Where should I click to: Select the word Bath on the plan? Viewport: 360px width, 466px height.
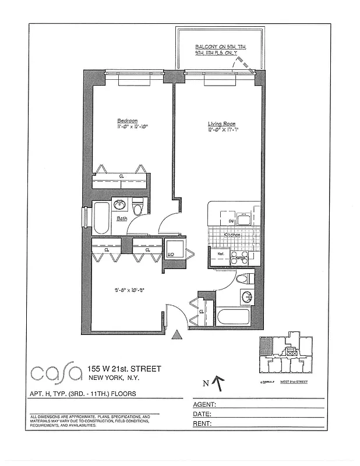[x=122, y=219]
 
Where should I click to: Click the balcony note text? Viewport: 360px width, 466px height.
[x=216, y=50]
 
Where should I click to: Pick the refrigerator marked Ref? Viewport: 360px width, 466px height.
[x=221, y=255]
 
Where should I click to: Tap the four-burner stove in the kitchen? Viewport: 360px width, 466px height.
[x=239, y=257]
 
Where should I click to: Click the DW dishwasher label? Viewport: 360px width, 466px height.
[x=231, y=221]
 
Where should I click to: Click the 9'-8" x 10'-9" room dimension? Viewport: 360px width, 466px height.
[x=129, y=286]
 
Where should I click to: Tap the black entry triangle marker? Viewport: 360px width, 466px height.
[x=177, y=334]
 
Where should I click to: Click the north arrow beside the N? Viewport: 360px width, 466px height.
[x=218, y=382]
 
